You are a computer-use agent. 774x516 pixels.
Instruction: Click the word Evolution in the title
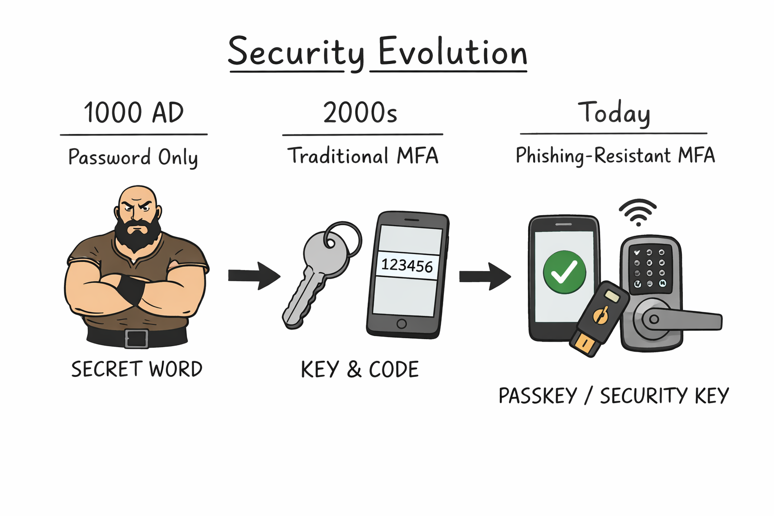[x=452, y=52]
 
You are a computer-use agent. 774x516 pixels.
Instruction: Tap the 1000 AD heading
[x=134, y=112]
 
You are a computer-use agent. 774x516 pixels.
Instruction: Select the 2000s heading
[x=360, y=112]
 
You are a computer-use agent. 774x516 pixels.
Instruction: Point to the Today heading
[x=613, y=112]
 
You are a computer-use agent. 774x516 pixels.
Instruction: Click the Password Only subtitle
[x=133, y=157]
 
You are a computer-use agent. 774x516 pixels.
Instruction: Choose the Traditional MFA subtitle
[x=363, y=156]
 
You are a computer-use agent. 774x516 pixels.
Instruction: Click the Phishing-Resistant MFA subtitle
[x=615, y=155]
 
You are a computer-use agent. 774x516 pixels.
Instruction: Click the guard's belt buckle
[x=136, y=338]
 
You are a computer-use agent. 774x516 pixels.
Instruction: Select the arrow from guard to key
[x=253, y=275]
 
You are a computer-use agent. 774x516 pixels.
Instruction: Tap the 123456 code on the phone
[x=407, y=265]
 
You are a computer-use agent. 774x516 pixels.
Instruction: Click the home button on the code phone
[x=402, y=324]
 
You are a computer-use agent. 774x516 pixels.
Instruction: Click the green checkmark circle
[x=564, y=272]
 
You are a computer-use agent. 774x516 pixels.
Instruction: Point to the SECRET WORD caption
[x=137, y=369]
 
